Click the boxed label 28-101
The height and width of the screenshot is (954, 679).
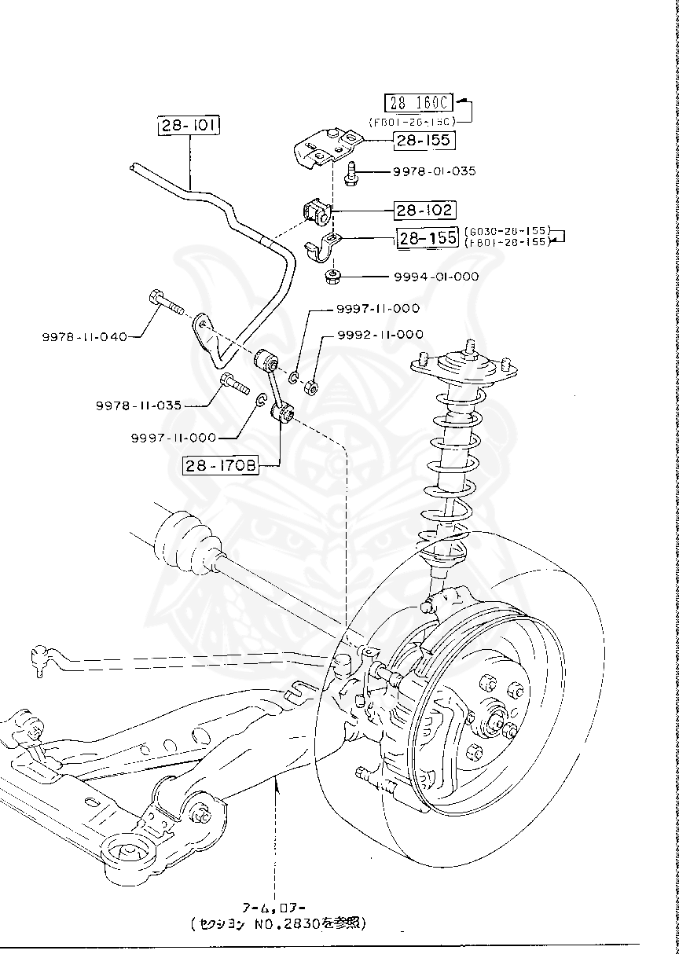tap(189, 126)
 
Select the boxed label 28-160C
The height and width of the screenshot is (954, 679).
tap(419, 103)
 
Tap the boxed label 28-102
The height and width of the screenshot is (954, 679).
tap(424, 210)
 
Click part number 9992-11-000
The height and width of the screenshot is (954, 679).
tap(380, 334)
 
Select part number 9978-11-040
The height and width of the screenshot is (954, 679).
tap(84, 336)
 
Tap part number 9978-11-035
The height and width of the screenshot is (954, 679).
tap(139, 405)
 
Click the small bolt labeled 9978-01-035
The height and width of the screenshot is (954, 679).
tap(351, 171)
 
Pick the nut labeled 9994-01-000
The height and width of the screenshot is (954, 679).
tap(332, 276)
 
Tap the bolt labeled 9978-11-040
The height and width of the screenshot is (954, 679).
tap(164, 301)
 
